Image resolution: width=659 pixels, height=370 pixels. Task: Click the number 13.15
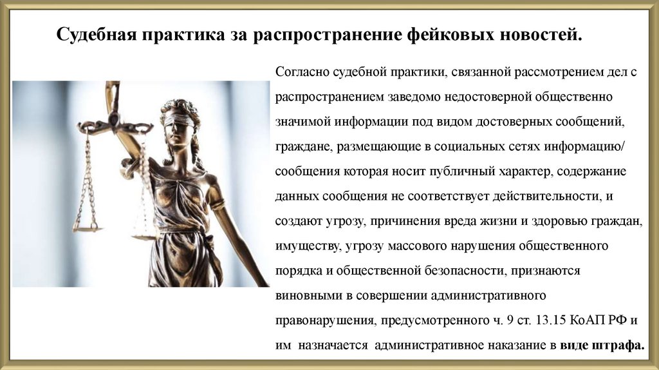coord(565,320)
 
